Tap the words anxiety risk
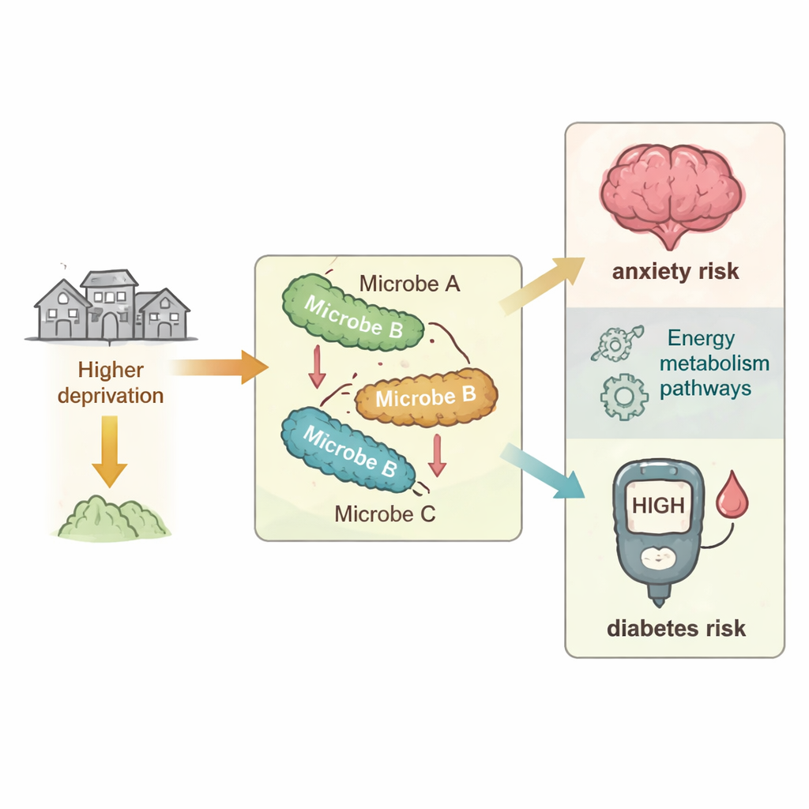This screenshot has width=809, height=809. (x=675, y=272)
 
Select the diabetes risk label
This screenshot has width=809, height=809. (x=675, y=629)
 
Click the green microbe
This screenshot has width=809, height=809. (x=353, y=312)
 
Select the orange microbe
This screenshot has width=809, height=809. (x=427, y=397)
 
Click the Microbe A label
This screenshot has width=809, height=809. (x=409, y=283)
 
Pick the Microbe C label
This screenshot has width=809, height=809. (x=385, y=514)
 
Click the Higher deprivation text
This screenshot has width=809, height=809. (x=111, y=382)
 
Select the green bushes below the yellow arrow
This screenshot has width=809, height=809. (x=115, y=520)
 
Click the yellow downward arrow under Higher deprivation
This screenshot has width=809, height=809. (x=110, y=451)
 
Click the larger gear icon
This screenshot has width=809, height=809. (x=623, y=396)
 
